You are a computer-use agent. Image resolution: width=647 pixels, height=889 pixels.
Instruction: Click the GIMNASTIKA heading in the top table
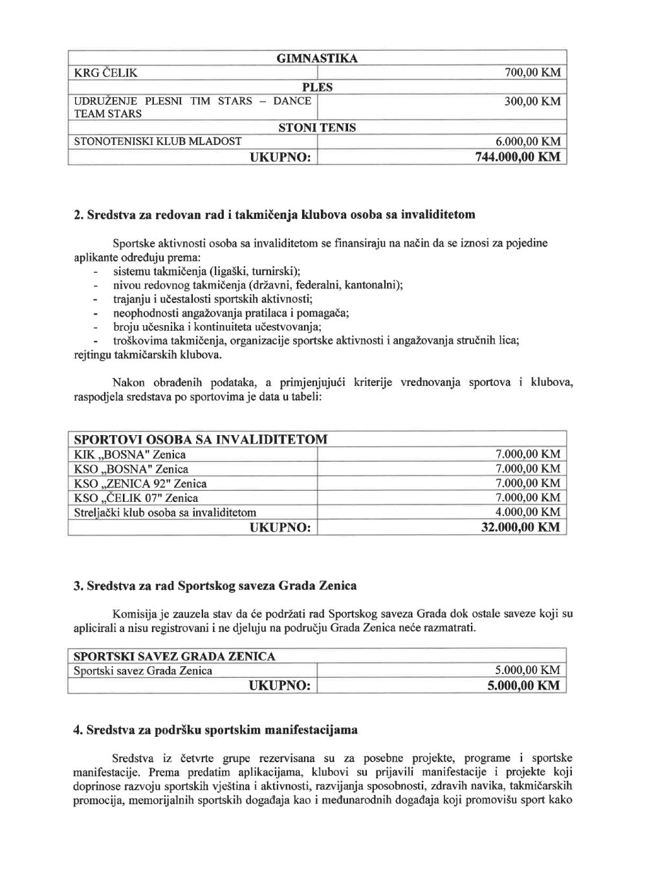tap(316, 59)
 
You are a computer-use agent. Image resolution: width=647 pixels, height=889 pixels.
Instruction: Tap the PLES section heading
tap(316, 87)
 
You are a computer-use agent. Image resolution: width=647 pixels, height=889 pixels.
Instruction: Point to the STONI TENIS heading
tap(316, 128)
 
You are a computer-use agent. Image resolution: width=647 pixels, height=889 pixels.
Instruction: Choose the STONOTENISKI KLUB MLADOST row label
tap(158, 141)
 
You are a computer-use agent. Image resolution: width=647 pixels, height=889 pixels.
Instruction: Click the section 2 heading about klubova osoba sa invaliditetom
tap(274, 214)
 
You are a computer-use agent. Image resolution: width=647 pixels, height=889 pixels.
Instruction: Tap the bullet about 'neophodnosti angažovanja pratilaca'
tap(230, 313)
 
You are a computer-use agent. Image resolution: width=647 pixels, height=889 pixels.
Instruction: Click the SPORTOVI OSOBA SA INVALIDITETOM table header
tap(201, 440)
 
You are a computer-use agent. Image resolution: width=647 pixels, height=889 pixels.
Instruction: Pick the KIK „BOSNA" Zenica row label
tap(130, 455)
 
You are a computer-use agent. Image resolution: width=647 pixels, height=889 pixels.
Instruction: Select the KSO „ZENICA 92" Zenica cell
tap(140, 484)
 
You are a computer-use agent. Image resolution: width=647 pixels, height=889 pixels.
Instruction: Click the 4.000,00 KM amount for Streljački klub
tap(527, 512)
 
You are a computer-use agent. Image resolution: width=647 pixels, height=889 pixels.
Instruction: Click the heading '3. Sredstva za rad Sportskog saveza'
tap(215, 586)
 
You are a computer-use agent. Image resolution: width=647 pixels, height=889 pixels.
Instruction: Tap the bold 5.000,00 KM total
tap(523, 686)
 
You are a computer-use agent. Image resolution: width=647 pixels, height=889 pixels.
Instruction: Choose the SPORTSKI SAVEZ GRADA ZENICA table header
tap(175, 656)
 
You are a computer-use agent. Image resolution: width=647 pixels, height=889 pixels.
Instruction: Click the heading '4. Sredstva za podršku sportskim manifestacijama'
tap(215, 730)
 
